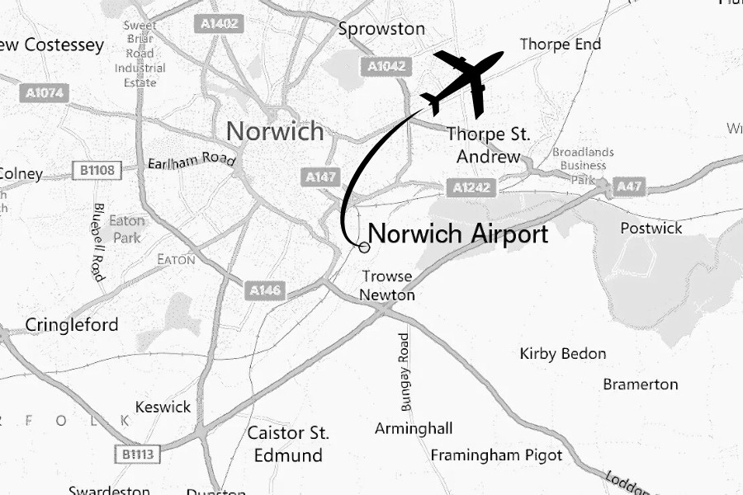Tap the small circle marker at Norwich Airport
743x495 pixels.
click(363, 247)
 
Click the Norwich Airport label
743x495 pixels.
click(458, 234)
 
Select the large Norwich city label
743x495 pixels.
click(275, 131)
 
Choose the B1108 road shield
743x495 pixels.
click(97, 171)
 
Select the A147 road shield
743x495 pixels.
click(320, 177)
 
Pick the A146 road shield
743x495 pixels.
click(265, 290)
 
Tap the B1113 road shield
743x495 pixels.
click(136, 454)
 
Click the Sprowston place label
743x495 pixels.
click(381, 30)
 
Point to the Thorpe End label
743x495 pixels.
click(561, 44)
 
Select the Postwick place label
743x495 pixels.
click(651, 228)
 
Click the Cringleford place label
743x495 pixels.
click(72, 325)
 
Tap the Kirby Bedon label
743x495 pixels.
click(563, 354)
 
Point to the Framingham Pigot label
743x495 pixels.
click(496, 455)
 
